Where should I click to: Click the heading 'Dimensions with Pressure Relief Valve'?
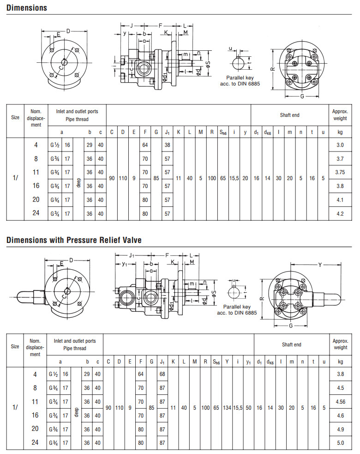coord(74,240)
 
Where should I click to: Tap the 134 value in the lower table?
coord(227,408)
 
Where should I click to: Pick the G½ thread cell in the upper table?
coord(55,145)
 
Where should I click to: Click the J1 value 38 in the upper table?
coord(168,145)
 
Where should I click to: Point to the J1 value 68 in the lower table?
coord(162,374)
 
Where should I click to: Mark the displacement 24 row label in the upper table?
coord(36,213)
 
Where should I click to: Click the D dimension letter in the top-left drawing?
coord(68,31)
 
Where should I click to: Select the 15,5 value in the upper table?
coord(234,178)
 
